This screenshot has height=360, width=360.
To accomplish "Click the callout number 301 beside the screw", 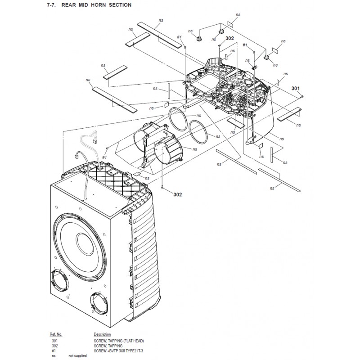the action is tap(296, 88).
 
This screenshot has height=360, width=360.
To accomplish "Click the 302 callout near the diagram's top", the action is tap(229, 38).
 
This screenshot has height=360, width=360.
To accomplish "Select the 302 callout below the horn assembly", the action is tap(177, 195).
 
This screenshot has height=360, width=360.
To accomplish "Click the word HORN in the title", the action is tap(98, 5).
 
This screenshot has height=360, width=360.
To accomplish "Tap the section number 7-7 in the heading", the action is tap(51, 5).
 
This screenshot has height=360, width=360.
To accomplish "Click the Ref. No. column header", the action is tap(56, 334).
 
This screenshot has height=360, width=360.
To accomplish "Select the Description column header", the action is tap(102, 334).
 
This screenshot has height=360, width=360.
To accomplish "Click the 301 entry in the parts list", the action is tap(54, 341).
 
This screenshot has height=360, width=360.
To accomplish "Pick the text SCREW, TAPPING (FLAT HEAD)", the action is tap(119, 341).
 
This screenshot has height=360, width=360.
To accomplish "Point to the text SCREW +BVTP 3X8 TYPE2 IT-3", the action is tap(118, 351).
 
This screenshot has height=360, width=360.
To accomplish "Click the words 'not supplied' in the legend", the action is tap(77, 355).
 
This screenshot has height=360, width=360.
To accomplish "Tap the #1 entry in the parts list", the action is tap(54, 351).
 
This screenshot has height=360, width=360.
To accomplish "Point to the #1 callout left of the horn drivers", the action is tap(104, 157).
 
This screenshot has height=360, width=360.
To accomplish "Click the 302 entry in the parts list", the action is tap(54, 346).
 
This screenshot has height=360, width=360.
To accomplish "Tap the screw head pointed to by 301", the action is tap(302, 97).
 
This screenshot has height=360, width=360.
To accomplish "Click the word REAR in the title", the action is tap(69, 5).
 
